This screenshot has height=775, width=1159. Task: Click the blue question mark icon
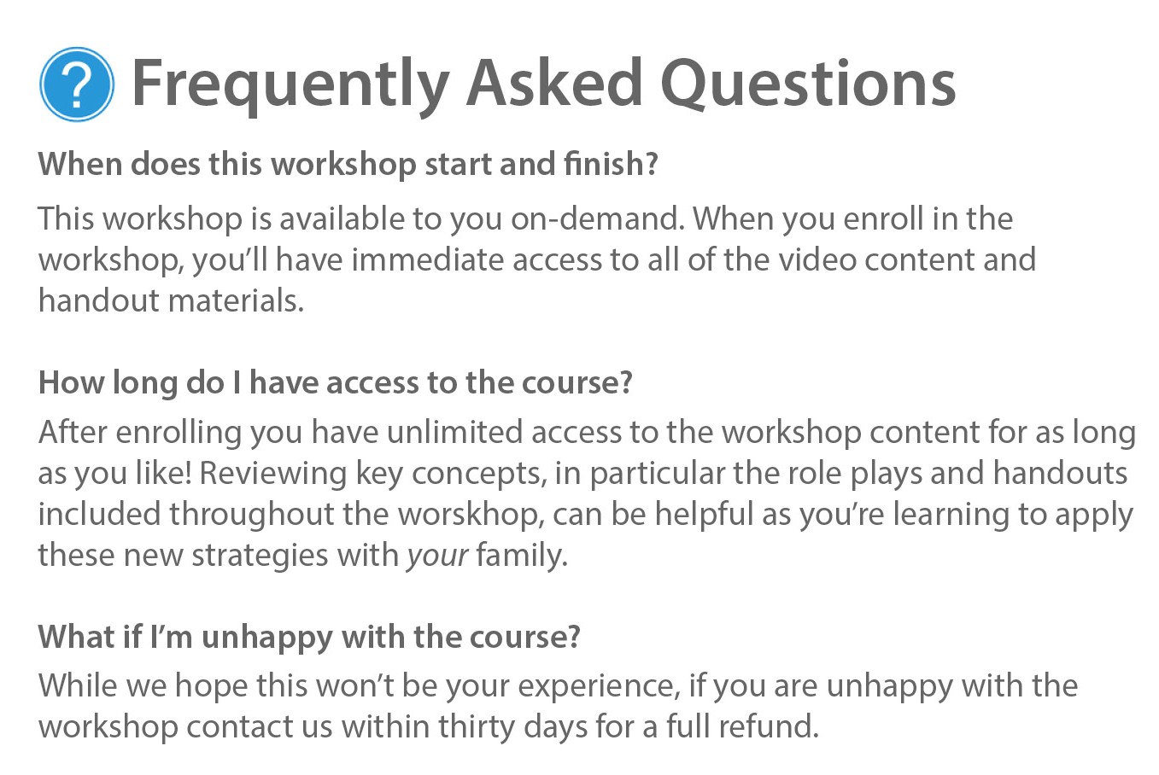click(77, 84)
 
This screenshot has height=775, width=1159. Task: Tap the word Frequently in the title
click(290, 85)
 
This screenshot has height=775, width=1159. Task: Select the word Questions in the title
click(808, 84)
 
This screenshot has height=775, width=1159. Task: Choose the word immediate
click(427, 259)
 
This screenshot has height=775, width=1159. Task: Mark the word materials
click(236, 300)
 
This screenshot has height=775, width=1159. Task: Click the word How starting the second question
click(71, 382)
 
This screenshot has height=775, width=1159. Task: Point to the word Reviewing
click(273, 474)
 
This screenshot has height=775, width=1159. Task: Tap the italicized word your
click(438, 556)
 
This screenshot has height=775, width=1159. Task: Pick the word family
click(522, 556)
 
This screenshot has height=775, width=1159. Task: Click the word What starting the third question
click(76, 637)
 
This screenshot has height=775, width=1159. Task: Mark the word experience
click(600, 686)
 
